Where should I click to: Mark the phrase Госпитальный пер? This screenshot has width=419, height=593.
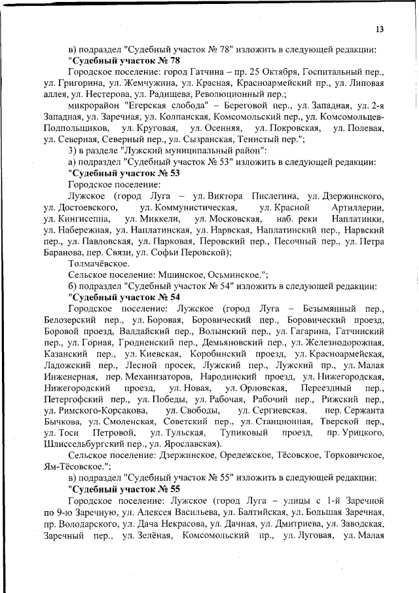point(342,72)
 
